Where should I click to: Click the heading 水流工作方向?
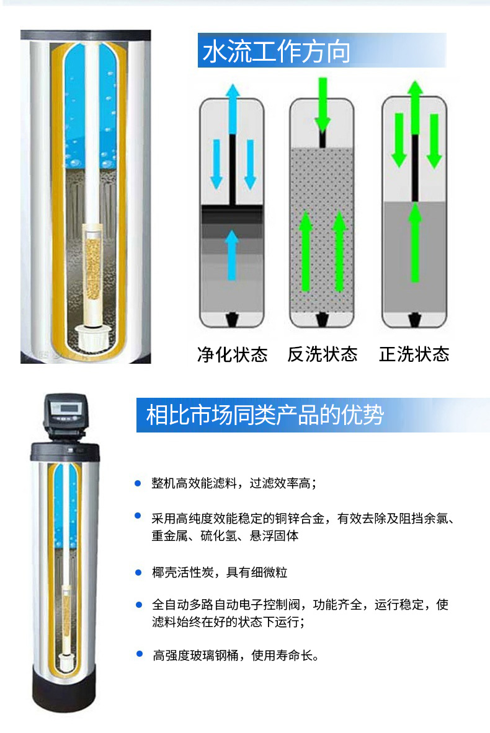[x=276, y=51]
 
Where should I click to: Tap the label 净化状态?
[x=232, y=354]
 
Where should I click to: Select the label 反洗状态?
[x=323, y=354]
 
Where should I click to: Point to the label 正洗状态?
[x=414, y=354]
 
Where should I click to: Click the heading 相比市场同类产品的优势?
[x=265, y=415]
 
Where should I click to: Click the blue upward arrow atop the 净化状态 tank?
[x=233, y=110]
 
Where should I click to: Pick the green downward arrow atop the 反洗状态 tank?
[x=323, y=104]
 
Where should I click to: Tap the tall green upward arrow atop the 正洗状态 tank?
[x=415, y=108]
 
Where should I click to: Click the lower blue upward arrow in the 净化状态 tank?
[x=231, y=255]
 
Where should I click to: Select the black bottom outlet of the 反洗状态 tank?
[x=322, y=320]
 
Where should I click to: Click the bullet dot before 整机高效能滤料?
[x=138, y=483]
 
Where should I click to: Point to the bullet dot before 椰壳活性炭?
[x=138, y=572]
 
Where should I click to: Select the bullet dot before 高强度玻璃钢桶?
[x=139, y=654]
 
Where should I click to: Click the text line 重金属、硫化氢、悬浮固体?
[x=225, y=536]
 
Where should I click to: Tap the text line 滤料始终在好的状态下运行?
[x=228, y=621]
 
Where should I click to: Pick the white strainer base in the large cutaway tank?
[x=92, y=338]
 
